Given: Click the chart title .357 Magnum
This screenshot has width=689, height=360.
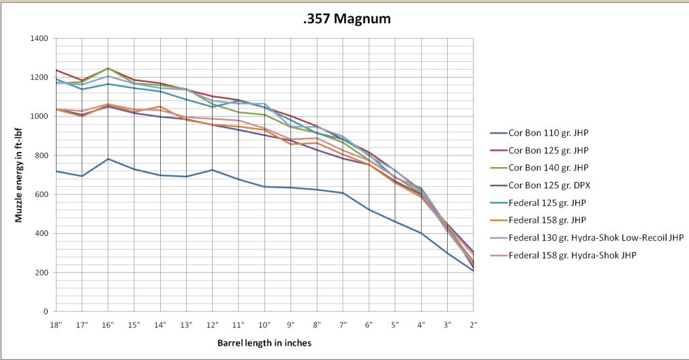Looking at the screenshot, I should pos(346,19).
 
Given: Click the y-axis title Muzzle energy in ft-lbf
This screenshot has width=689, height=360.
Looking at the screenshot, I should pos(20,175).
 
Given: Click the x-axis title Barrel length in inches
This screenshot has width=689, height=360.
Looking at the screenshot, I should pos(264,344).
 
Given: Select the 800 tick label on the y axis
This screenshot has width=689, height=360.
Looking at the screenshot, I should pos(41,155).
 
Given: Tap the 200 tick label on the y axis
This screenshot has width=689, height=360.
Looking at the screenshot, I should pos(41,272).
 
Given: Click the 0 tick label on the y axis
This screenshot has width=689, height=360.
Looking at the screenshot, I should pos(46,312).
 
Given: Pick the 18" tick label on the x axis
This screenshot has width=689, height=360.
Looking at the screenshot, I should pos(56,325).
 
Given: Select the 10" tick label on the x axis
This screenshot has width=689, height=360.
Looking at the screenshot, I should pos(264,325).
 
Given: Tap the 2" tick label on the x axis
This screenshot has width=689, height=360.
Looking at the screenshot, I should pos(473,325).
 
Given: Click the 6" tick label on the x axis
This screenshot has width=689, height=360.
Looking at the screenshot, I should pos(369,325).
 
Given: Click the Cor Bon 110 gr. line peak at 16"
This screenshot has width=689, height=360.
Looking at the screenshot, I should pos(108,159).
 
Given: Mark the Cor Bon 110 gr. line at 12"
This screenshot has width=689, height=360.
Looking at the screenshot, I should pos(213,170).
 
